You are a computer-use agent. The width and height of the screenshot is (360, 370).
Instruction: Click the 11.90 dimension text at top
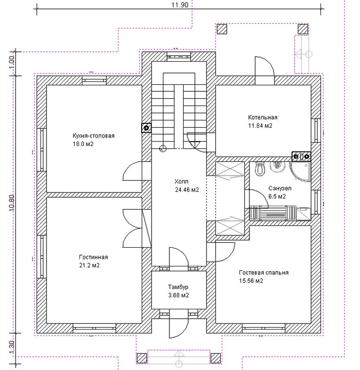click(x=180, y=5)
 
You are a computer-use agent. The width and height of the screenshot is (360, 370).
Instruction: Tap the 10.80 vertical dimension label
click(x=12, y=203)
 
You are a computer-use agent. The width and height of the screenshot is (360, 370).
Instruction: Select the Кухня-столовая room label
click(x=93, y=136)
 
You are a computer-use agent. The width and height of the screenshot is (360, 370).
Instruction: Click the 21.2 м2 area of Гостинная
click(x=89, y=265)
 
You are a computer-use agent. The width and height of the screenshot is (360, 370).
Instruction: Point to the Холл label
click(x=181, y=182)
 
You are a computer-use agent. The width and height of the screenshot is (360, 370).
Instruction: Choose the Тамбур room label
click(x=178, y=287)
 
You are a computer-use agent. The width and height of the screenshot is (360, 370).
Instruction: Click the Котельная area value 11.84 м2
click(x=260, y=125)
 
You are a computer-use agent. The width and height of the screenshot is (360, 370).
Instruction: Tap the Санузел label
click(x=280, y=188)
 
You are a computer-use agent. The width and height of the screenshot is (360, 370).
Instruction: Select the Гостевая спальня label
click(x=264, y=272)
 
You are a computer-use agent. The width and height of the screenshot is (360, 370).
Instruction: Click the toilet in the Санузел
click(x=260, y=169)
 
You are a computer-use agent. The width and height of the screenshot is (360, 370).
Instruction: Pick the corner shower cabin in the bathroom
click(x=300, y=172)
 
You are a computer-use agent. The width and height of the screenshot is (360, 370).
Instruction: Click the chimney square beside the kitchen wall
click(x=146, y=128)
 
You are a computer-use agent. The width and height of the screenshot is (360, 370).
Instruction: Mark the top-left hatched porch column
click(x=222, y=29)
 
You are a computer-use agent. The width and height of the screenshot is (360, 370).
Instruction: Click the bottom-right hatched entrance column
click(x=215, y=358)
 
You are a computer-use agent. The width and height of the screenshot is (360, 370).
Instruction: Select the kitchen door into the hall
click(x=132, y=171)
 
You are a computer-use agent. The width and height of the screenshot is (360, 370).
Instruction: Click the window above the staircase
click(x=179, y=56)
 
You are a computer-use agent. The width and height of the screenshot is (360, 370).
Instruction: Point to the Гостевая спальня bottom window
click(x=264, y=328)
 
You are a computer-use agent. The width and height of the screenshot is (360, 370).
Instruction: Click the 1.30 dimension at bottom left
click(x=12, y=348)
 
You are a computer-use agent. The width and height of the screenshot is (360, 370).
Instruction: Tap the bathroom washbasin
click(x=278, y=167)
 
